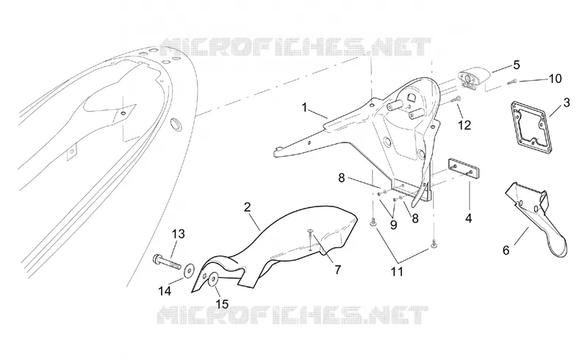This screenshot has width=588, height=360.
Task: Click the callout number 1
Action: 304,108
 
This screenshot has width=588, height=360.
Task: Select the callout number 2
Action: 247,207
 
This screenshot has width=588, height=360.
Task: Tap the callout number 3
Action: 566,102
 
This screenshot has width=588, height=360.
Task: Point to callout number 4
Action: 468,218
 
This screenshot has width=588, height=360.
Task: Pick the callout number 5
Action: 517,65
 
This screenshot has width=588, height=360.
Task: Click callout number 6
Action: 506,250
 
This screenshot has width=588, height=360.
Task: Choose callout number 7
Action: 337,269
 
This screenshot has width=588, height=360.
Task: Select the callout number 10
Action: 555,79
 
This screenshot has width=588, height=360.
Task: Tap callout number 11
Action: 397,272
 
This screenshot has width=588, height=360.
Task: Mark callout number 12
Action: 465,125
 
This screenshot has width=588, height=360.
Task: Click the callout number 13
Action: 179,234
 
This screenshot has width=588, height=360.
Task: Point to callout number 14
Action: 165,291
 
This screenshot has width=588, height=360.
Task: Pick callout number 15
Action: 222,303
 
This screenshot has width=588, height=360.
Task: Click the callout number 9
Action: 393,225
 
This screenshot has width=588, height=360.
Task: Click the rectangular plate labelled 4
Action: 464,168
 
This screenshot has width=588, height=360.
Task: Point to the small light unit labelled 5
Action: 473,76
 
